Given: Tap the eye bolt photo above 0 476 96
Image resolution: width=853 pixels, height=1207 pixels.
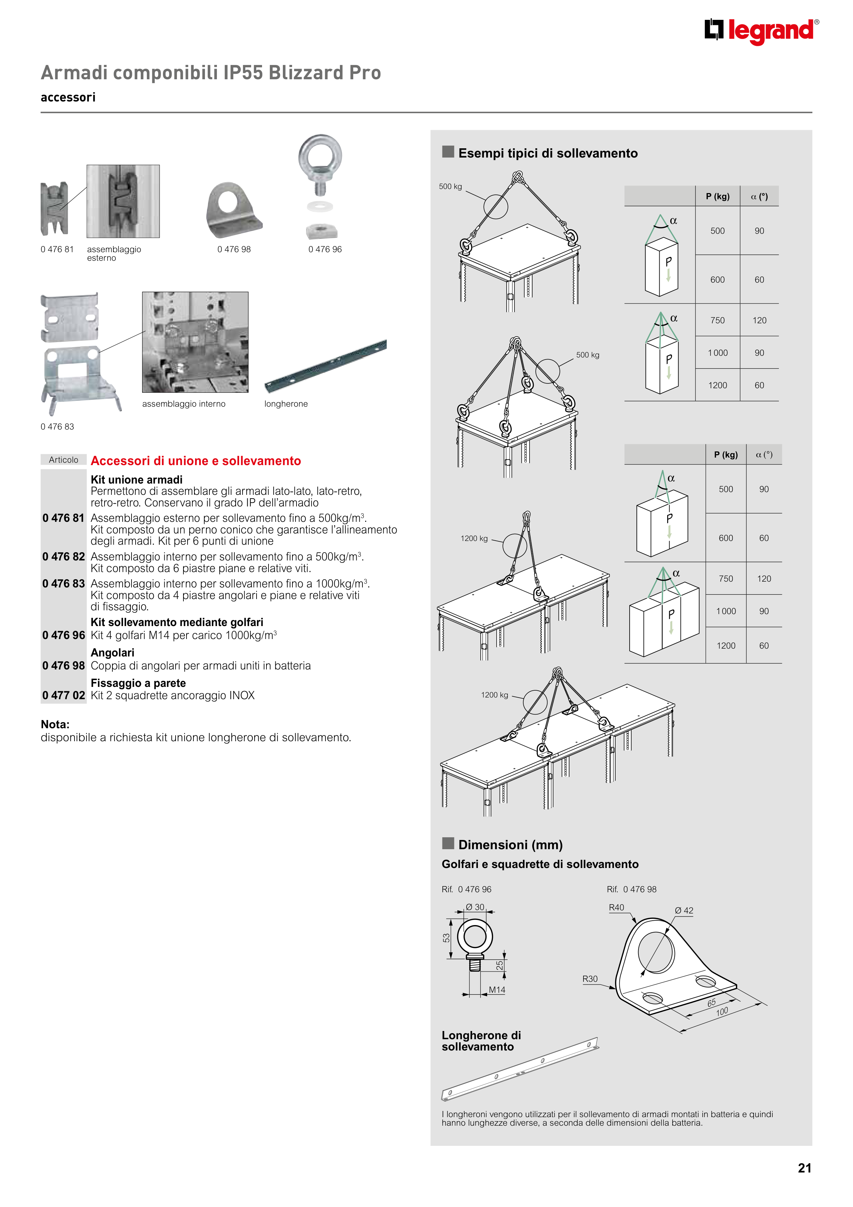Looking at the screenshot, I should coord(320,187).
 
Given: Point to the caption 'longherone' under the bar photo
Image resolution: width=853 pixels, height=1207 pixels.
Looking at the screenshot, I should coord(286,404).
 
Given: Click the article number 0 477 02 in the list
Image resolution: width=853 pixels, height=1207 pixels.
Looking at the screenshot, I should coord(64,695).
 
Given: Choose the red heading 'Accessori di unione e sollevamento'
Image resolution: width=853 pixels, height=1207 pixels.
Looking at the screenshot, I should coord(195,461).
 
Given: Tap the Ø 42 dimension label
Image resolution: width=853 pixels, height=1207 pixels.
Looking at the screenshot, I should coord(684,910).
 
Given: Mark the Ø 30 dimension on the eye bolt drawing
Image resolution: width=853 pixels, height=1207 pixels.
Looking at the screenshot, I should coord(475,907).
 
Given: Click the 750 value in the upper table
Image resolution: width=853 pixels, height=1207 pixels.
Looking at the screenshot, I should coord(717,320).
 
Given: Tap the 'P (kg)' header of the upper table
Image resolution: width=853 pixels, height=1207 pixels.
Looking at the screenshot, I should coord(717,196).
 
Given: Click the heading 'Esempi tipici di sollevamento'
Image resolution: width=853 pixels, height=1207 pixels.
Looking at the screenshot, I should coord(548,153).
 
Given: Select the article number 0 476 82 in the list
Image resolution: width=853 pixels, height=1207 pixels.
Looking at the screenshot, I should coord(64,556).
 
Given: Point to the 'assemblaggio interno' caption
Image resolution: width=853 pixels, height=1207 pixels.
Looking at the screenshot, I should coord(183,404).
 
